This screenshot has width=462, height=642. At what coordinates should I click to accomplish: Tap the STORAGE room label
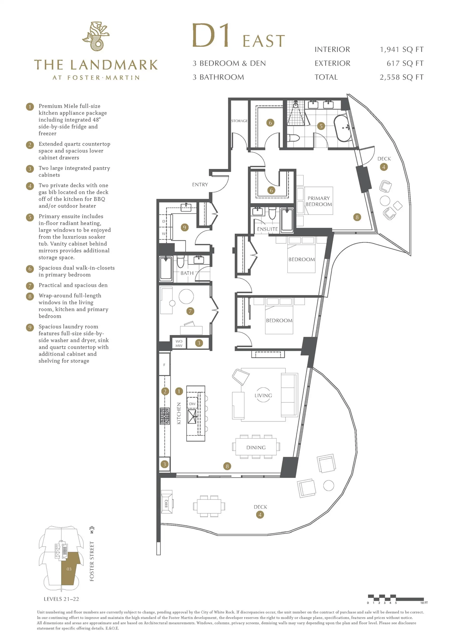[x=239, y=121]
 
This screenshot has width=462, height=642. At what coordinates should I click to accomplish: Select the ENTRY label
[x=200, y=185]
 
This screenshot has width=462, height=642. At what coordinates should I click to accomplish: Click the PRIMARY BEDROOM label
[x=319, y=201]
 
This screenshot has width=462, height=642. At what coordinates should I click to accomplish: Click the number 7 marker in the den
[x=190, y=311]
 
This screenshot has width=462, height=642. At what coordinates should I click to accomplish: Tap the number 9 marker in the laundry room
[x=185, y=227]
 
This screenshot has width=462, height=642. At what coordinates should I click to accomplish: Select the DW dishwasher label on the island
[x=192, y=404]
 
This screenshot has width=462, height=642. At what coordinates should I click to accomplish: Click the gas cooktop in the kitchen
[x=165, y=416]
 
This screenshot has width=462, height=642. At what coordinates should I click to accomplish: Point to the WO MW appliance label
[x=179, y=343]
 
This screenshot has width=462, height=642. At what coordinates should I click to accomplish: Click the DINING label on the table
[x=256, y=448]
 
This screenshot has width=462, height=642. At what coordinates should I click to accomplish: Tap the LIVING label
[x=263, y=395]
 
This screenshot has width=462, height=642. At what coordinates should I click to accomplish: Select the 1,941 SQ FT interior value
[x=401, y=50]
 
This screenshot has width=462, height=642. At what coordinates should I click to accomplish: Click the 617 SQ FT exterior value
[x=405, y=64]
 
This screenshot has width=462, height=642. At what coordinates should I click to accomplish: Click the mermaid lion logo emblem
[x=96, y=36]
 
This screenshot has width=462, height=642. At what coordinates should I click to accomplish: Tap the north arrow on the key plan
[x=92, y=530]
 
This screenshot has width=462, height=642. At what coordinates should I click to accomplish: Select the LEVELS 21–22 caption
[x=61, y=599]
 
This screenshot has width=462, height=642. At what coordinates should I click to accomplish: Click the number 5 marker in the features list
[x=30, y=217]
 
